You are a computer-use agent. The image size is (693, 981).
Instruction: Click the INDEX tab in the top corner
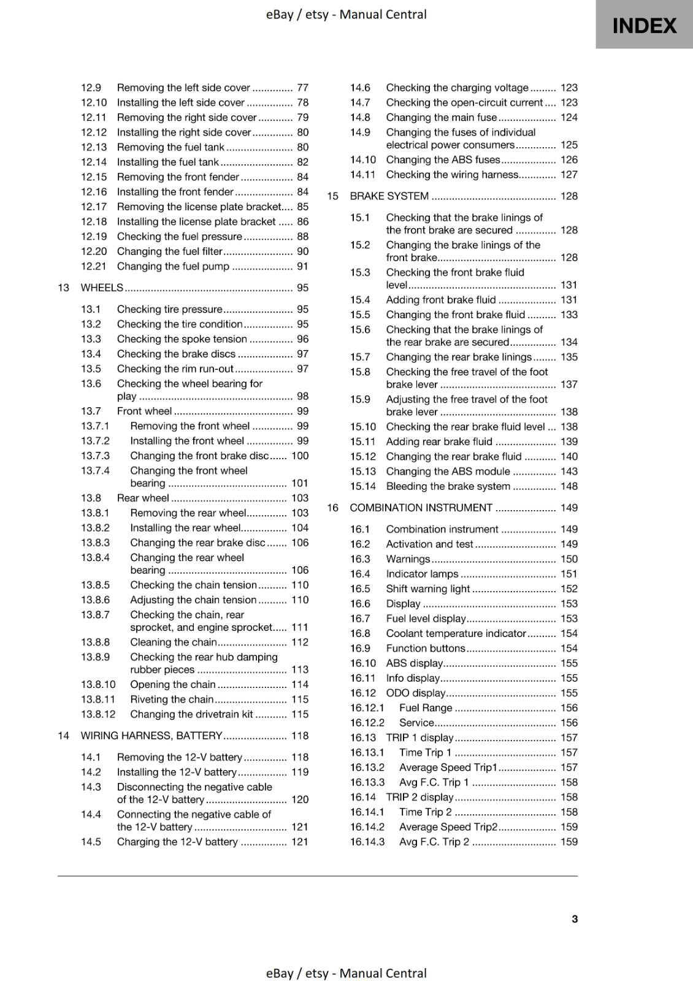click(644, 25)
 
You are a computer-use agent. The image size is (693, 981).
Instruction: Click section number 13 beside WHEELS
click(63, 288)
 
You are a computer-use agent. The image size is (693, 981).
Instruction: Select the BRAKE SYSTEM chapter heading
click(389, 196)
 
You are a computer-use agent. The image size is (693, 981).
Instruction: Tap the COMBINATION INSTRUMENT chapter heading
click(421, 508)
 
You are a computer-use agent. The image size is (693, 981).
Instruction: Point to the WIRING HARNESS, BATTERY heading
click(151, 736)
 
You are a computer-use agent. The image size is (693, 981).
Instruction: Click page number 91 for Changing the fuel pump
click(302, 266)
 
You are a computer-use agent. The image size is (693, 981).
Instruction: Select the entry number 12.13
click(93, 147)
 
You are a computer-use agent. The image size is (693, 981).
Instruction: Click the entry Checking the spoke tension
click(182, 339)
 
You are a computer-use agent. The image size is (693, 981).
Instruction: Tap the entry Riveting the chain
click(172, 700)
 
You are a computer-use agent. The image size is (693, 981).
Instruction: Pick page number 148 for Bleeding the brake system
click(569, 486)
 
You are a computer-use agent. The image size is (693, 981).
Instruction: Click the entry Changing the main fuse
click(441, 117)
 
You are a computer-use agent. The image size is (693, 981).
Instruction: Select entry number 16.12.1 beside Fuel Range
click(367, 708)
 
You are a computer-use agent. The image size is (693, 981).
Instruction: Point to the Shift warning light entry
click(427, 589)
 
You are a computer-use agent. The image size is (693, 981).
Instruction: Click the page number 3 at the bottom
click(574, 918)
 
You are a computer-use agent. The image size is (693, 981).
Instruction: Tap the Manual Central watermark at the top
click(346, 14)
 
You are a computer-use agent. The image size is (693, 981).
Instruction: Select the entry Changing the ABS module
click(448, 471)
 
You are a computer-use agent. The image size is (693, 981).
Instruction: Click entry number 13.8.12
click(98, 714)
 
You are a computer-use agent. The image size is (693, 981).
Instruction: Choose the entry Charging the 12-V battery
click(177, 842)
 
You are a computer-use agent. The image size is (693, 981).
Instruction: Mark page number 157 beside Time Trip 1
click(569, 752)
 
